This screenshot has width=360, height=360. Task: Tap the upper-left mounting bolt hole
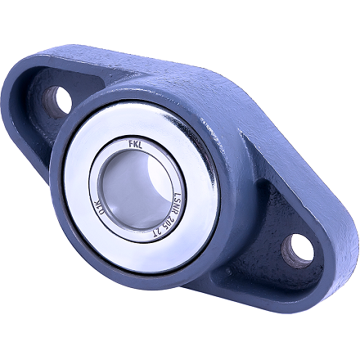tap(60, 100)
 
